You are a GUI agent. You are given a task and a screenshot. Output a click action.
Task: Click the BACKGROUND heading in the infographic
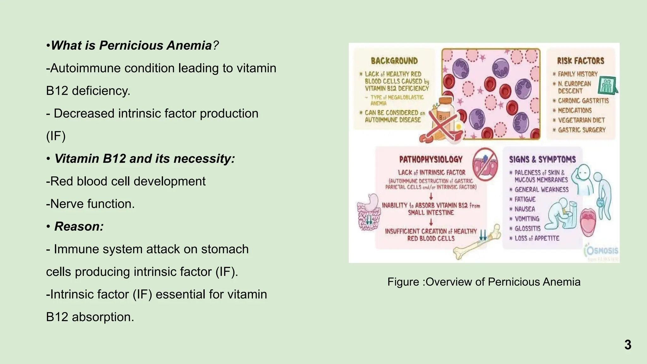click(394, 61)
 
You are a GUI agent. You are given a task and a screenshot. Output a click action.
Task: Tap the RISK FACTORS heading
click(580, 61)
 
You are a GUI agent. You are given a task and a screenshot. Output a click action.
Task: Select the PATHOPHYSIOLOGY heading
click(431, 159)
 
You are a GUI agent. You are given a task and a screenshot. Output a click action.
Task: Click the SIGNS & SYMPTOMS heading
click(542, 159)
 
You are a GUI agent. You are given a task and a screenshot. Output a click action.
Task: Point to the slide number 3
click(627, 345)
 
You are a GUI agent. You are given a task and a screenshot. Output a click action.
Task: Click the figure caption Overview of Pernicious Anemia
click(484, 282)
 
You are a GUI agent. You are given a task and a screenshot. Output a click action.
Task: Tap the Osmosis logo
click(602, 251)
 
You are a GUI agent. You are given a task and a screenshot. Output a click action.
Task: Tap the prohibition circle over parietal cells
click(485, 165)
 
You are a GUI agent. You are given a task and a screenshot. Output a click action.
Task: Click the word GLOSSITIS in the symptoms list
click(527, 228)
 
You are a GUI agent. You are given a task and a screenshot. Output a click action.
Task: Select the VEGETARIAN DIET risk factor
click(581, 120)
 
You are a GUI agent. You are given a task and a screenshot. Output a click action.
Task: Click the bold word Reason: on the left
click(79, 227)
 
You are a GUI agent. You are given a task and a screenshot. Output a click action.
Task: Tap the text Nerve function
click(90, 204)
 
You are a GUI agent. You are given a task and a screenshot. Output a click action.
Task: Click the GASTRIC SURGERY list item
click(581, 130)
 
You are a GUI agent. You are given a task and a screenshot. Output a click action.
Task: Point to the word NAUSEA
click(524, 209)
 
